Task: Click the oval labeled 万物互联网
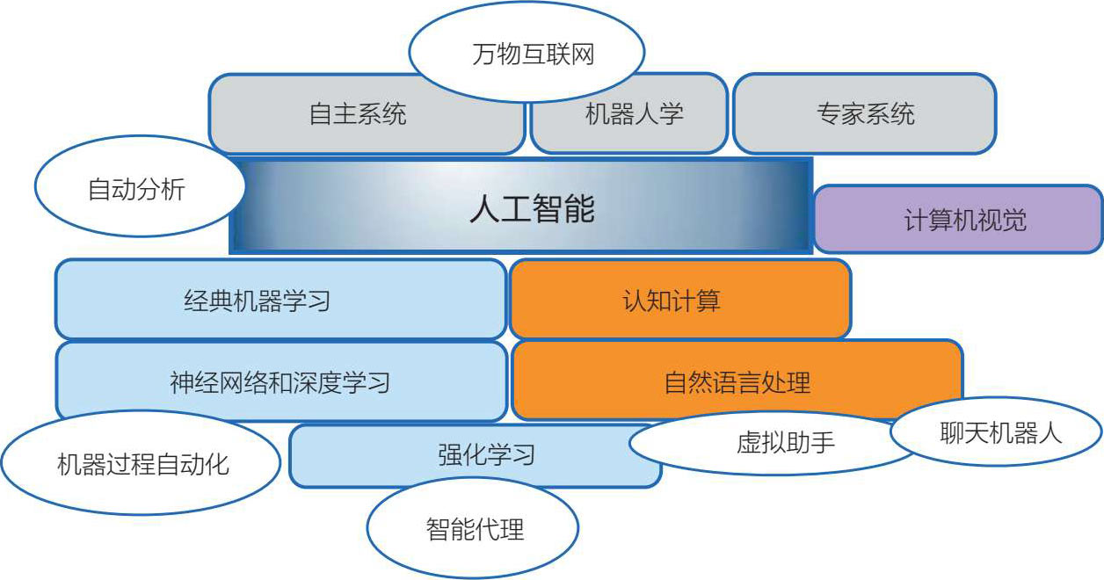point(527,53)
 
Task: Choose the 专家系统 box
point(865,114)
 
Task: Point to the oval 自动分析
point(140,187)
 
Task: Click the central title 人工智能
point(533,209)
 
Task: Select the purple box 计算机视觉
point(958,220)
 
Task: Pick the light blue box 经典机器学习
point(281,300)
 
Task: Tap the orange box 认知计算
point(680,300)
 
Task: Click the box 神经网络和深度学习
point(281,382)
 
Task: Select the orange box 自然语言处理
point(737,381)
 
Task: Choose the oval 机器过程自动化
point(142,463)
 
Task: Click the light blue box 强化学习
point(475,456)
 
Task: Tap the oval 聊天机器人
point(997,432)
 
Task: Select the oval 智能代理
point(473,528)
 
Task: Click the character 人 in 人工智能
point(484,209)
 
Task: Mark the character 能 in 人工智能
point(580,209)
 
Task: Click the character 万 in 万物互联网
point(484,54)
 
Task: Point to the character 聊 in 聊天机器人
point(952,433)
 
